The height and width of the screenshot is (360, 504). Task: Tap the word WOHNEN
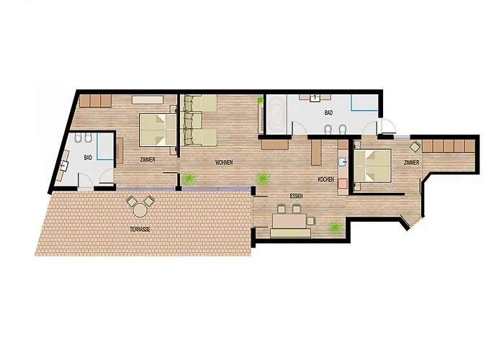[x=224, y=163]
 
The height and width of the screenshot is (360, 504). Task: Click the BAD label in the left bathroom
[x=88, y=157]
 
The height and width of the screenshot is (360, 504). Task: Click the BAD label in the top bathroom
[x=328, y=113]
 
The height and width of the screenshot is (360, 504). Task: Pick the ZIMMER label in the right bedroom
[x=411, y=163]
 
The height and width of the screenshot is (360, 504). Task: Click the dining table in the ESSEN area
[x=289, y=217]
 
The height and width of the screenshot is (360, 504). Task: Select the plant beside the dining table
[x=335, y=228]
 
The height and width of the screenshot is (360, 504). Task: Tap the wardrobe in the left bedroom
[x=94, y=101]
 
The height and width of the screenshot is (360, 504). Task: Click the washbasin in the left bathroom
[x=66, y=164]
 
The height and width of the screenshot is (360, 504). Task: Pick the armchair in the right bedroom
[x=415, y=145]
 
